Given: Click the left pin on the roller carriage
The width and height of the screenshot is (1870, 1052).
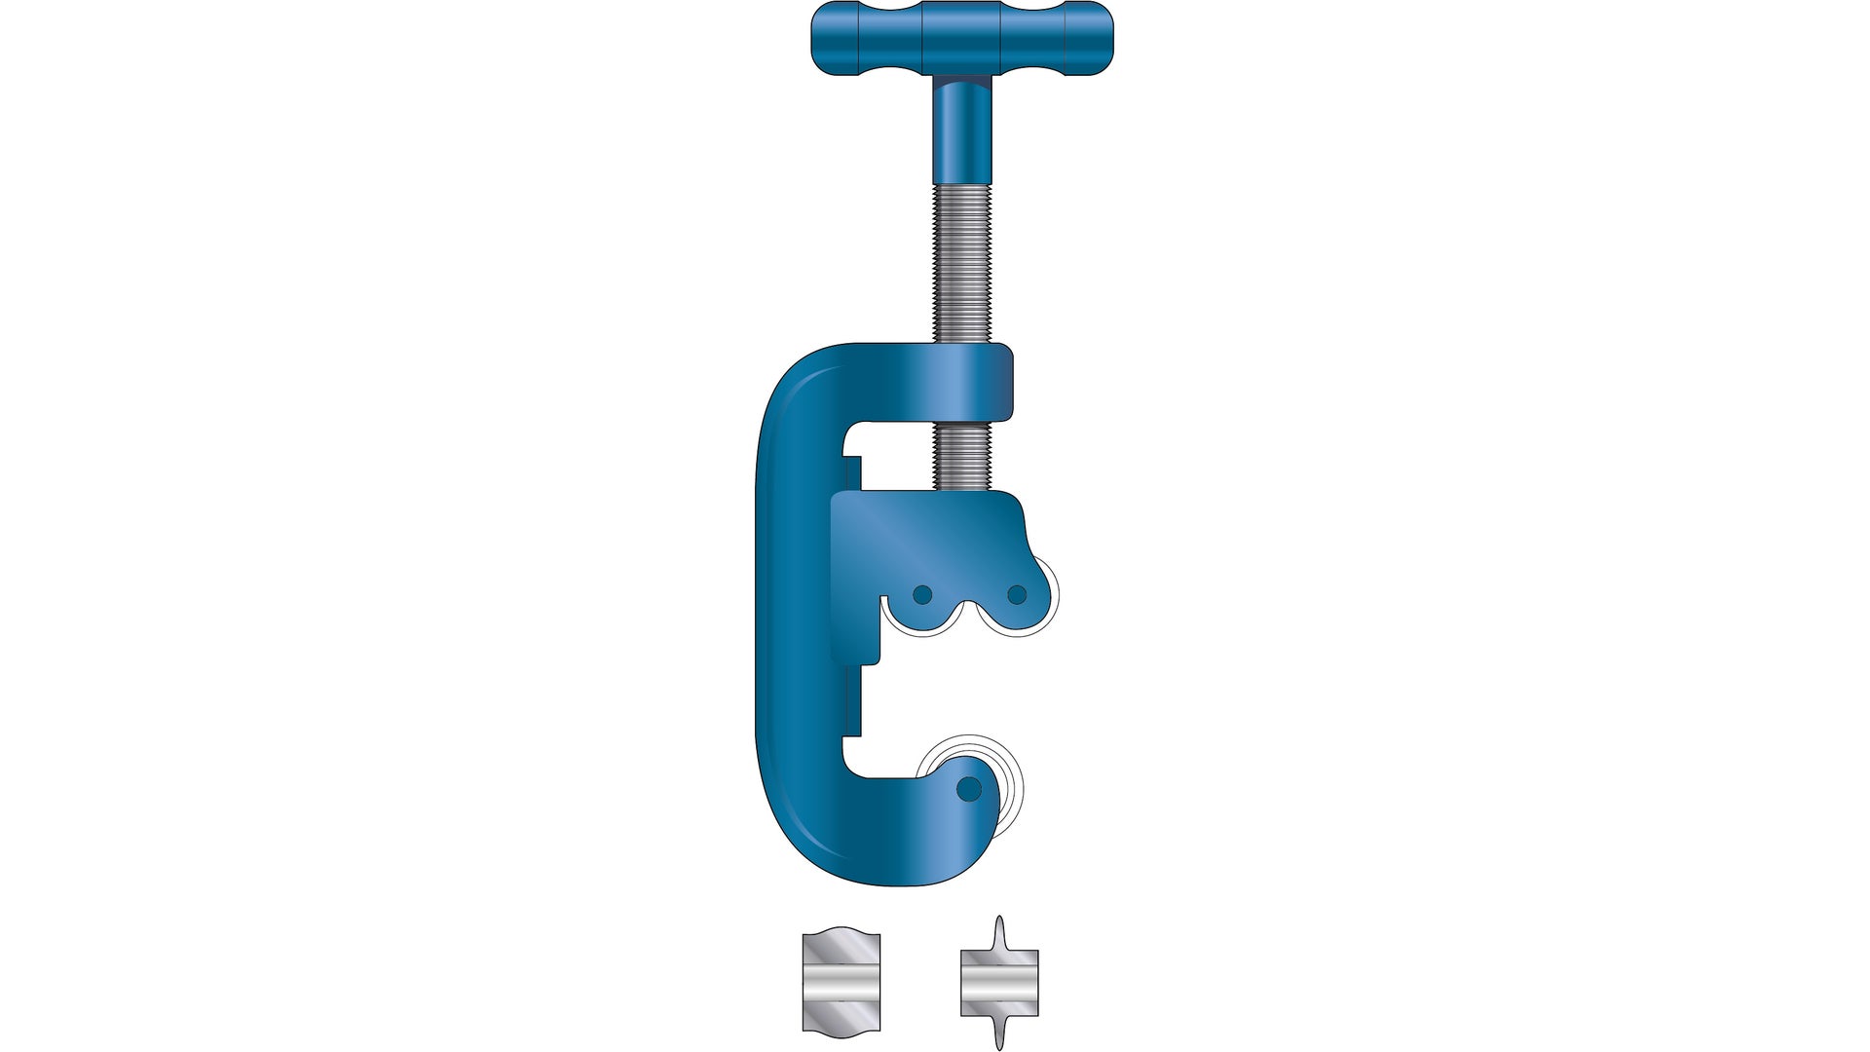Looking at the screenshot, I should (922, 594).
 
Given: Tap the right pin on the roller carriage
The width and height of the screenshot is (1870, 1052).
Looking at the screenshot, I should (1017, 594).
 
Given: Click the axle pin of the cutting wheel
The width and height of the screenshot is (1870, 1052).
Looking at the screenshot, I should (968, 788).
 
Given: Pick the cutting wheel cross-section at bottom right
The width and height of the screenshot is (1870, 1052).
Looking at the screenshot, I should (999, 983).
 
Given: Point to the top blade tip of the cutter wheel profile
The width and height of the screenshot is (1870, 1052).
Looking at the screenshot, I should (999, 920).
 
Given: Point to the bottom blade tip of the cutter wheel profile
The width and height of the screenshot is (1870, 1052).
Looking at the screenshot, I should (999, 1044).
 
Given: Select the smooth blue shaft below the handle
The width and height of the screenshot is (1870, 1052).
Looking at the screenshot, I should (960, 131).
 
